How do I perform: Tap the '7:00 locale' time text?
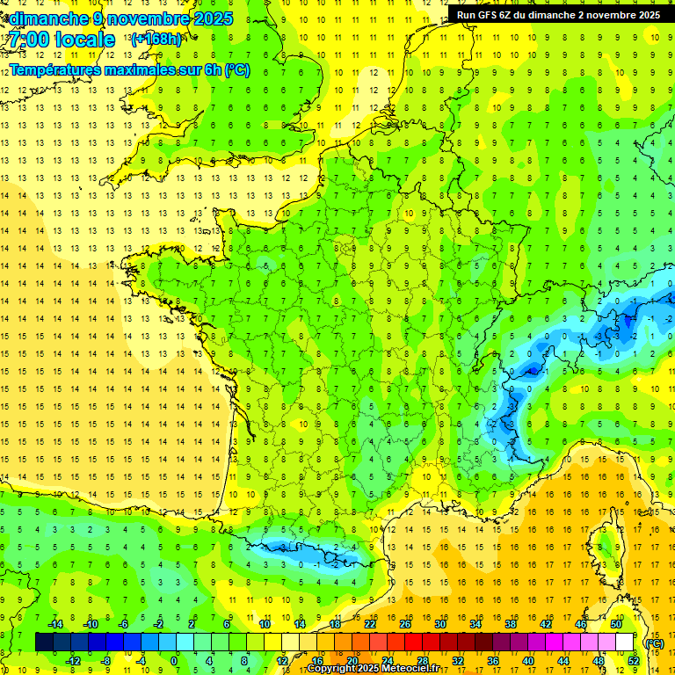pos(61,40)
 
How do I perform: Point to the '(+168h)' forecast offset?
pos(156,39)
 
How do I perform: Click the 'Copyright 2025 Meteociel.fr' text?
pos(373,669)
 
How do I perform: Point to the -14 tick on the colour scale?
pos(54,624)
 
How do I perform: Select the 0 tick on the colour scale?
pos(174,661)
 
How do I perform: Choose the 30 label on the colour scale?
pos(439,624)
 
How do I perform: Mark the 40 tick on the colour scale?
pos(527,661)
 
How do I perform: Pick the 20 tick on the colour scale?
pos(352,661)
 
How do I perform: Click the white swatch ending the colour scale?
pos(624,642)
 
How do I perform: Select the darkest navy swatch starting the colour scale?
pos(44,642)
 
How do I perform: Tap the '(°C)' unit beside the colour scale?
pos(654,643)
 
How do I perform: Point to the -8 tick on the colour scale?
pos(106,661)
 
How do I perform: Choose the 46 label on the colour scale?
pos(580,624)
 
